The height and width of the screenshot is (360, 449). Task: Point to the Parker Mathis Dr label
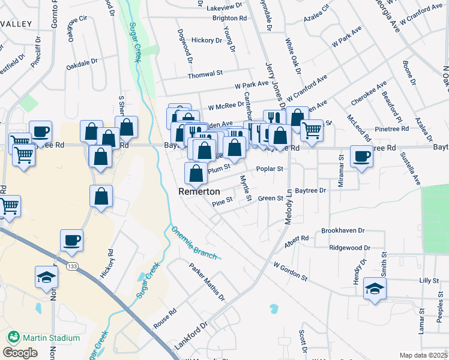pyautogui.click(x=206, y=282)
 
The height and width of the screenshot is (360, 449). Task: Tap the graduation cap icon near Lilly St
pyautogui.click(x=375, y=289)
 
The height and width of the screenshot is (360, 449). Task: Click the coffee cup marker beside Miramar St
pyautogui.click(x=361, y=157)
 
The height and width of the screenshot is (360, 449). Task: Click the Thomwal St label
pyautogui.click(x=205, y=73)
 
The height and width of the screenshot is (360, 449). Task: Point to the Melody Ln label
pyautogui.click(x=289, y=206)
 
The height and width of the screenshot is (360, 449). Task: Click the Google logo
pyautogui.click(x=20, y=352)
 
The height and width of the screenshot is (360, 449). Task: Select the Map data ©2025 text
pyautogui.click(x=423, y=355)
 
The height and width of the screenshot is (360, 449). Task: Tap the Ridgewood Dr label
pyautogui.click(x=350, y=247)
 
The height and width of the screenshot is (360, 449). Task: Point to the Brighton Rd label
pyautogui.click(x=229, y=19)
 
